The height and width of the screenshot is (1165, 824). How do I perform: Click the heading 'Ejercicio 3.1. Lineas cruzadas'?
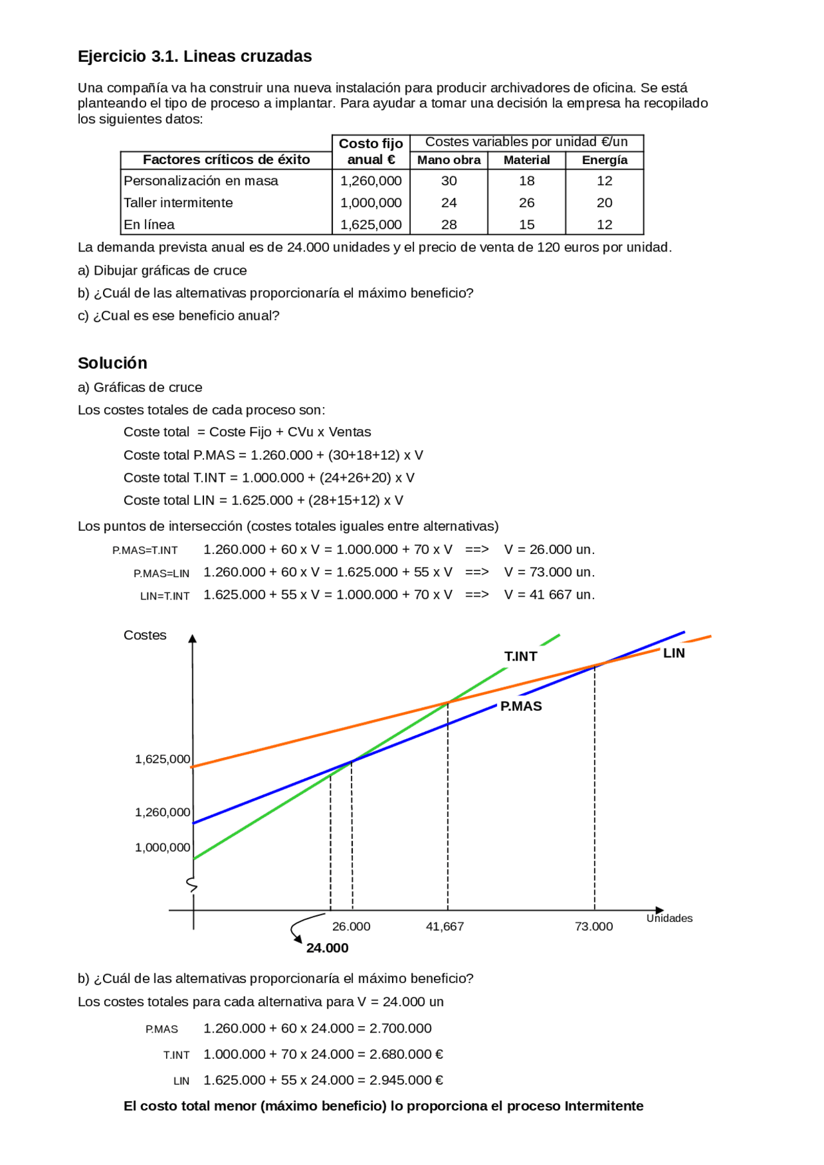(194, 57)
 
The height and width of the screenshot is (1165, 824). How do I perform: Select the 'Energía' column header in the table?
(604, 160)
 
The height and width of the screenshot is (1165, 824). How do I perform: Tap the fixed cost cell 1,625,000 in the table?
(371, 225)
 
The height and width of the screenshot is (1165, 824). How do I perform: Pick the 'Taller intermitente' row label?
(178, 203)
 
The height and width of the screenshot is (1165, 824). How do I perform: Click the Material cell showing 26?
(527, 203)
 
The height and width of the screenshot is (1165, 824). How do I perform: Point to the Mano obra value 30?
(449, 181)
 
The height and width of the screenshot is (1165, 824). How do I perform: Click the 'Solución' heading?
(113, 363)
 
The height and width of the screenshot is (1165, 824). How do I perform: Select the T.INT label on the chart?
(520, 656)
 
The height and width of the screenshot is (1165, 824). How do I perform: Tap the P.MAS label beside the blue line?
(521, 706)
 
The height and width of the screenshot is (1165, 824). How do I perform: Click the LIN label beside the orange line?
(673, 653)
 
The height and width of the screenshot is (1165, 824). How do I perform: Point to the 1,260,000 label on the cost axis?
(162, 812)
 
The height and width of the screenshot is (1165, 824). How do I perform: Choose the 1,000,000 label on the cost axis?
(162, 848)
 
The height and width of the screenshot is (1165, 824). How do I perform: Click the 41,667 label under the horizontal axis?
(445, 926)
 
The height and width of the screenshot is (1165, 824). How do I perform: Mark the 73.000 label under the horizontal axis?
(594, 926)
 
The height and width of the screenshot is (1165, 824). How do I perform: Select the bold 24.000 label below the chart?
(327, 948)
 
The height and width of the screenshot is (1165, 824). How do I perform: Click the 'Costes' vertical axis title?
(145, 635)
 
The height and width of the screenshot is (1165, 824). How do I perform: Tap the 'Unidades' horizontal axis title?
(669, 918)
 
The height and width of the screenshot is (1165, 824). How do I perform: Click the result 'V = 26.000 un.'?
(549, 549)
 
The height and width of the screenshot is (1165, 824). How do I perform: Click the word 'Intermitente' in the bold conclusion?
(604, 1106)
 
